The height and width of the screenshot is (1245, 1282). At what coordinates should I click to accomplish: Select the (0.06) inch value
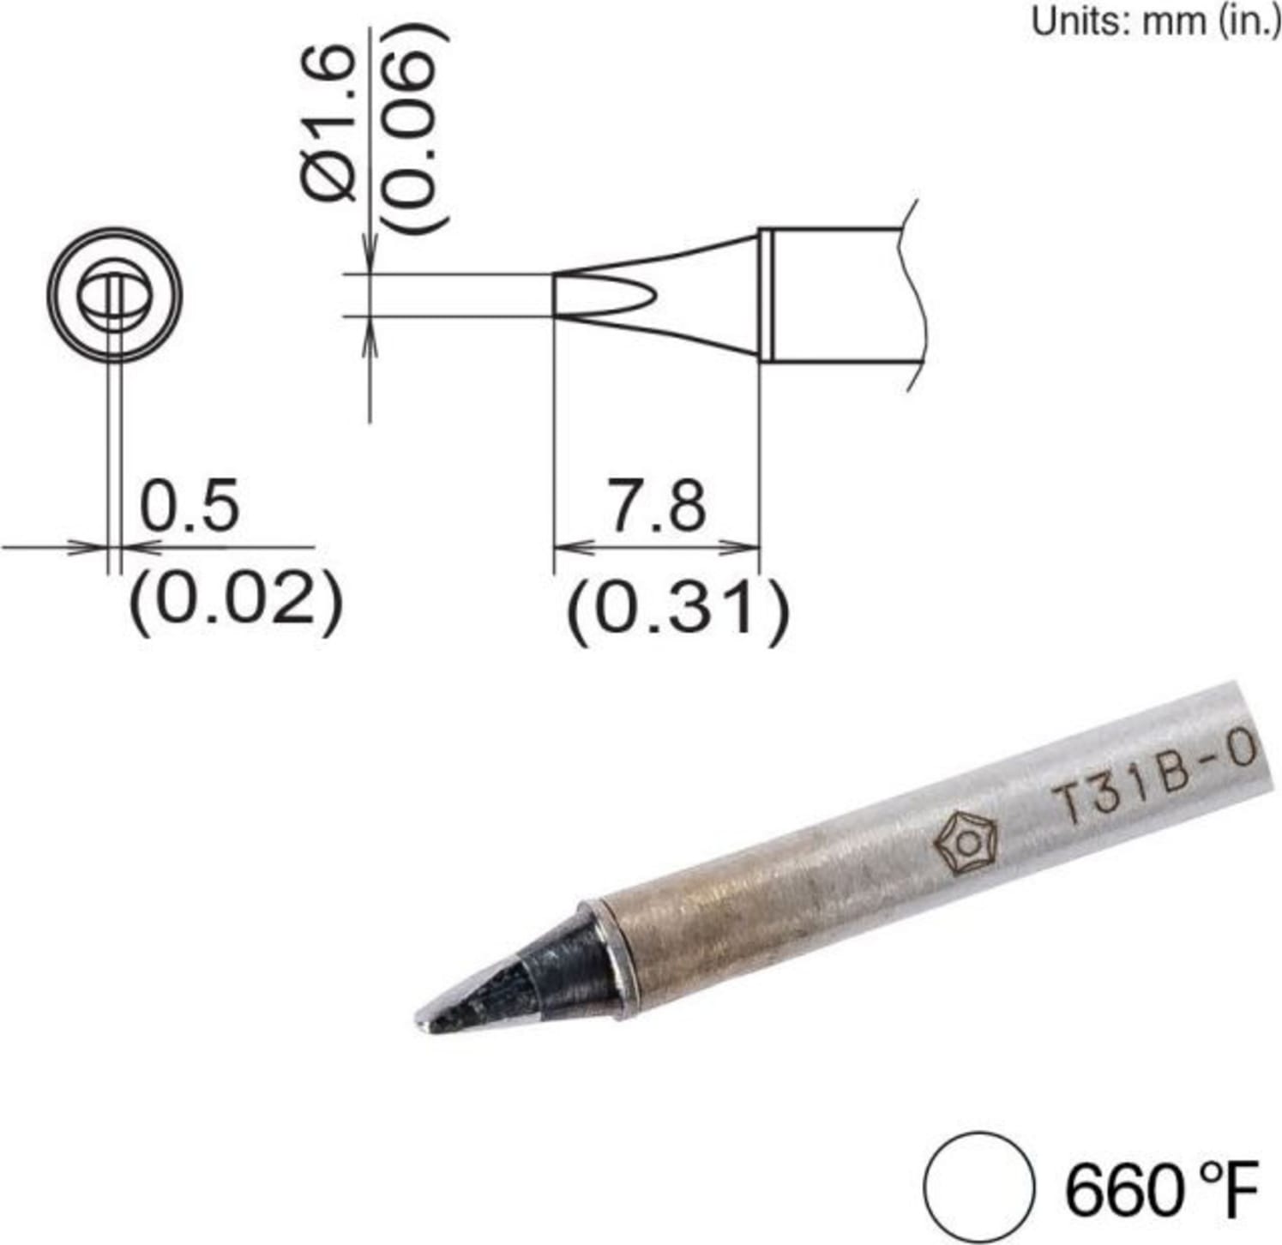point(417,129)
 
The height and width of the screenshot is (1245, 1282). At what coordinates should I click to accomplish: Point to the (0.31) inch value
point(677,610)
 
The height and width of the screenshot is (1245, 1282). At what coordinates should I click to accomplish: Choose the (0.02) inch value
point(236,602)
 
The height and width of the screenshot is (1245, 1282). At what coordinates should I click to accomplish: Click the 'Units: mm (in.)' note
point(1155,21)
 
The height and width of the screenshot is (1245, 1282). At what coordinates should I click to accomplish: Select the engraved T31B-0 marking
point(1154,776)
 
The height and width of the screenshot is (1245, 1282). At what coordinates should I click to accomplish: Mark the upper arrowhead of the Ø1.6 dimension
point(370,257)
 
